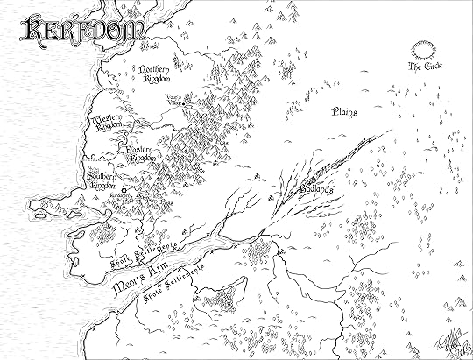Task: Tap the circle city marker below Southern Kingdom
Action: coord(124,189)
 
